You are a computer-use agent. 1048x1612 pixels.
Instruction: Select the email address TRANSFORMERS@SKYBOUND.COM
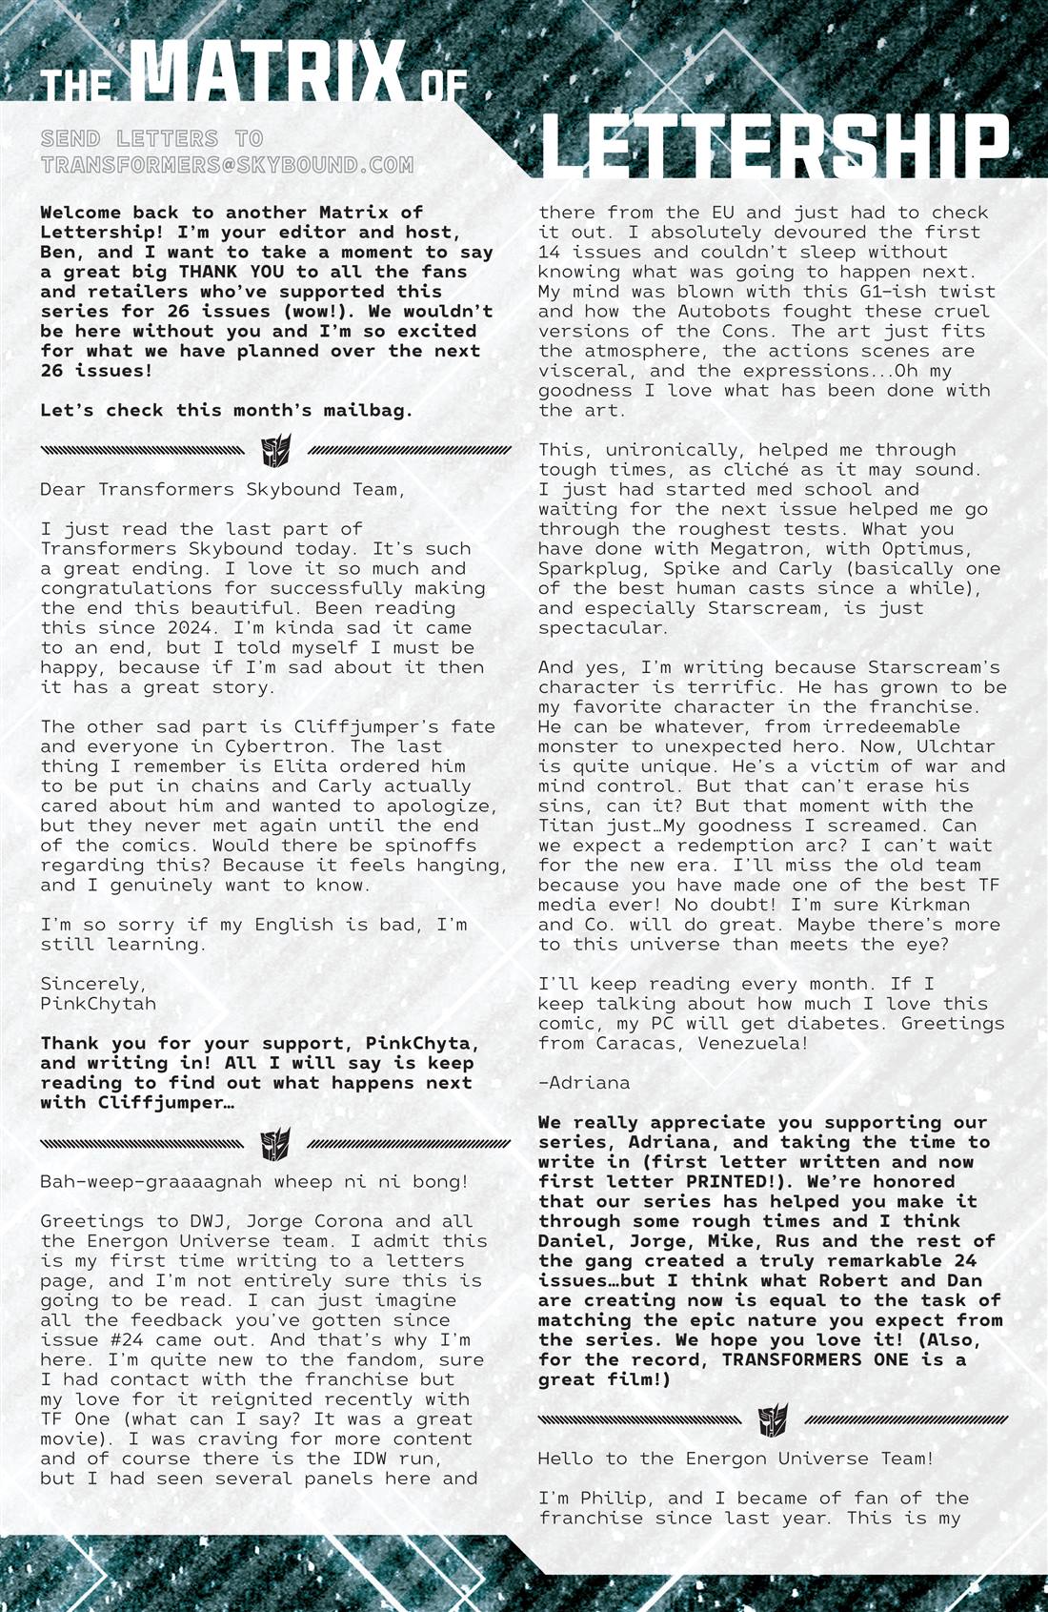pos(227,165)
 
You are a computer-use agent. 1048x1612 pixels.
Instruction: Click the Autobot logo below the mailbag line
pos(276,450)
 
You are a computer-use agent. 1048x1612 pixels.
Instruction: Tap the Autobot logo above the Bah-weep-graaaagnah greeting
pos(276,1143)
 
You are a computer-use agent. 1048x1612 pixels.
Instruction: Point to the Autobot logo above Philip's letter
pos(774,1419)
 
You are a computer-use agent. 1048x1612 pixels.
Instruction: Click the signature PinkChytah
pos(98,1004)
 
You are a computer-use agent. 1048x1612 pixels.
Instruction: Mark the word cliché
pos(781,470)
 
